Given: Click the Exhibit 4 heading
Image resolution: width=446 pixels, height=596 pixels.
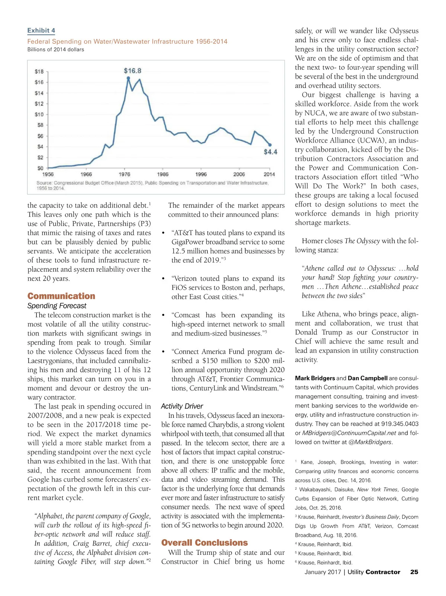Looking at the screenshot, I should coord(41,30).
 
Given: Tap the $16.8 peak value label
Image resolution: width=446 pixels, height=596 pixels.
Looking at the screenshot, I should coord(132,71).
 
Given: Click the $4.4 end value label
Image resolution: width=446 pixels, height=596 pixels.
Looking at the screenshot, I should coord(271,152).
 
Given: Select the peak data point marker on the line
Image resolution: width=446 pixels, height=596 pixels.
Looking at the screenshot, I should coord(128,78).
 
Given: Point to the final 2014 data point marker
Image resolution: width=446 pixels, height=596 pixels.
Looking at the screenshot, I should coord(270,145).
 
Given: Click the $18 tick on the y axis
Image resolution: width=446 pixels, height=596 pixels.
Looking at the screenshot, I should coord(39,71).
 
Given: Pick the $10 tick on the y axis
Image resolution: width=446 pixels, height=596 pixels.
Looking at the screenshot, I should coord(39,114).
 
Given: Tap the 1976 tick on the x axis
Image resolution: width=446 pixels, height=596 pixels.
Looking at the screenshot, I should coord(125,174).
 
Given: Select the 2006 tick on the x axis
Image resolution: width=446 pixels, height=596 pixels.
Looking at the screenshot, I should coord(239,174).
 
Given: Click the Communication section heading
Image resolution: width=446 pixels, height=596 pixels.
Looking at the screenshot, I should coord(61,296).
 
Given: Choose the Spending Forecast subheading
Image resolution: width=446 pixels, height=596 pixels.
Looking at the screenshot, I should coord(57,306).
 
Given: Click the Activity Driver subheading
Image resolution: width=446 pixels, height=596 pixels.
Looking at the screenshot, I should coord(182,406).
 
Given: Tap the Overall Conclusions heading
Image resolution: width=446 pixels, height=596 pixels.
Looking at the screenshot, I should coord(204,543).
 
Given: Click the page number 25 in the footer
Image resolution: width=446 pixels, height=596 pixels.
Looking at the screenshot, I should coord(414,572).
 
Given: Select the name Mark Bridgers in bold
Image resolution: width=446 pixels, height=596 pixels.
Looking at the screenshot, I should coord(315,378).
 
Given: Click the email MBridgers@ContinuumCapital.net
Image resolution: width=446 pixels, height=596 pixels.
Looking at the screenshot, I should coord(349,433).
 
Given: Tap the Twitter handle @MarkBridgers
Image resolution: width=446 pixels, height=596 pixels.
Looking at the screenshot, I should coord(370,442).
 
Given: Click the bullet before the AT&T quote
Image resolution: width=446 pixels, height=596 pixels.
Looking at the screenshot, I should coord(163,233).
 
